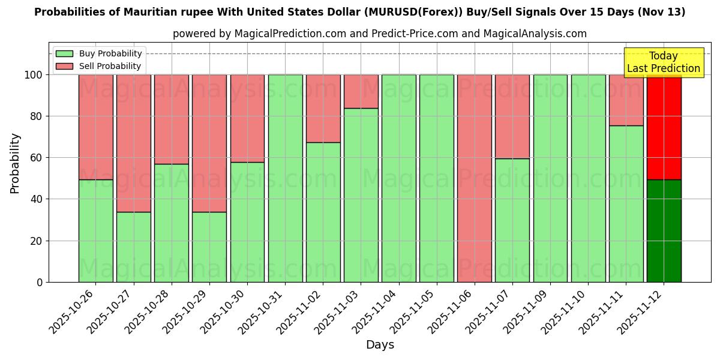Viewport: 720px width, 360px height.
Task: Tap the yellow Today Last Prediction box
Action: [x=663, y=62]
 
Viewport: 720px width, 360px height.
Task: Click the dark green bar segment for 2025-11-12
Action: [x=664, y=230]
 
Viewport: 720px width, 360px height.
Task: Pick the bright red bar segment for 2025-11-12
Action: [x=664, y=127]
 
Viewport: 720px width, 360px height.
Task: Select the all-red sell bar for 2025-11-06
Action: [x=474, y=178]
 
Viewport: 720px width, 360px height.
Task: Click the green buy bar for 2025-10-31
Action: [x=285, y=178]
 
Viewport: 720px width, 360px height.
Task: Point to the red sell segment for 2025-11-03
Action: [x=361, y=91]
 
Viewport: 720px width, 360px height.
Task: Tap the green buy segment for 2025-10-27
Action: [x=133, y=247]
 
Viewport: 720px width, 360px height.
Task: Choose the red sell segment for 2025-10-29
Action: [x=209, y=143]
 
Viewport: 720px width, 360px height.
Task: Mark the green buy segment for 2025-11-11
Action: [x=626, y=203]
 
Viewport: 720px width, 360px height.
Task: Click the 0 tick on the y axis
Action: [x=40, y=282]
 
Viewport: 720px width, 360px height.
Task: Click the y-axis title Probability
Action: [x=15, y=163]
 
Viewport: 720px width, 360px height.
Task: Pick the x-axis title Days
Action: [x=380, y=345]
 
